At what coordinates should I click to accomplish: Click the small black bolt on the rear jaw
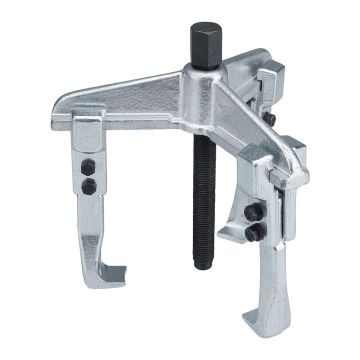[270, 122]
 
